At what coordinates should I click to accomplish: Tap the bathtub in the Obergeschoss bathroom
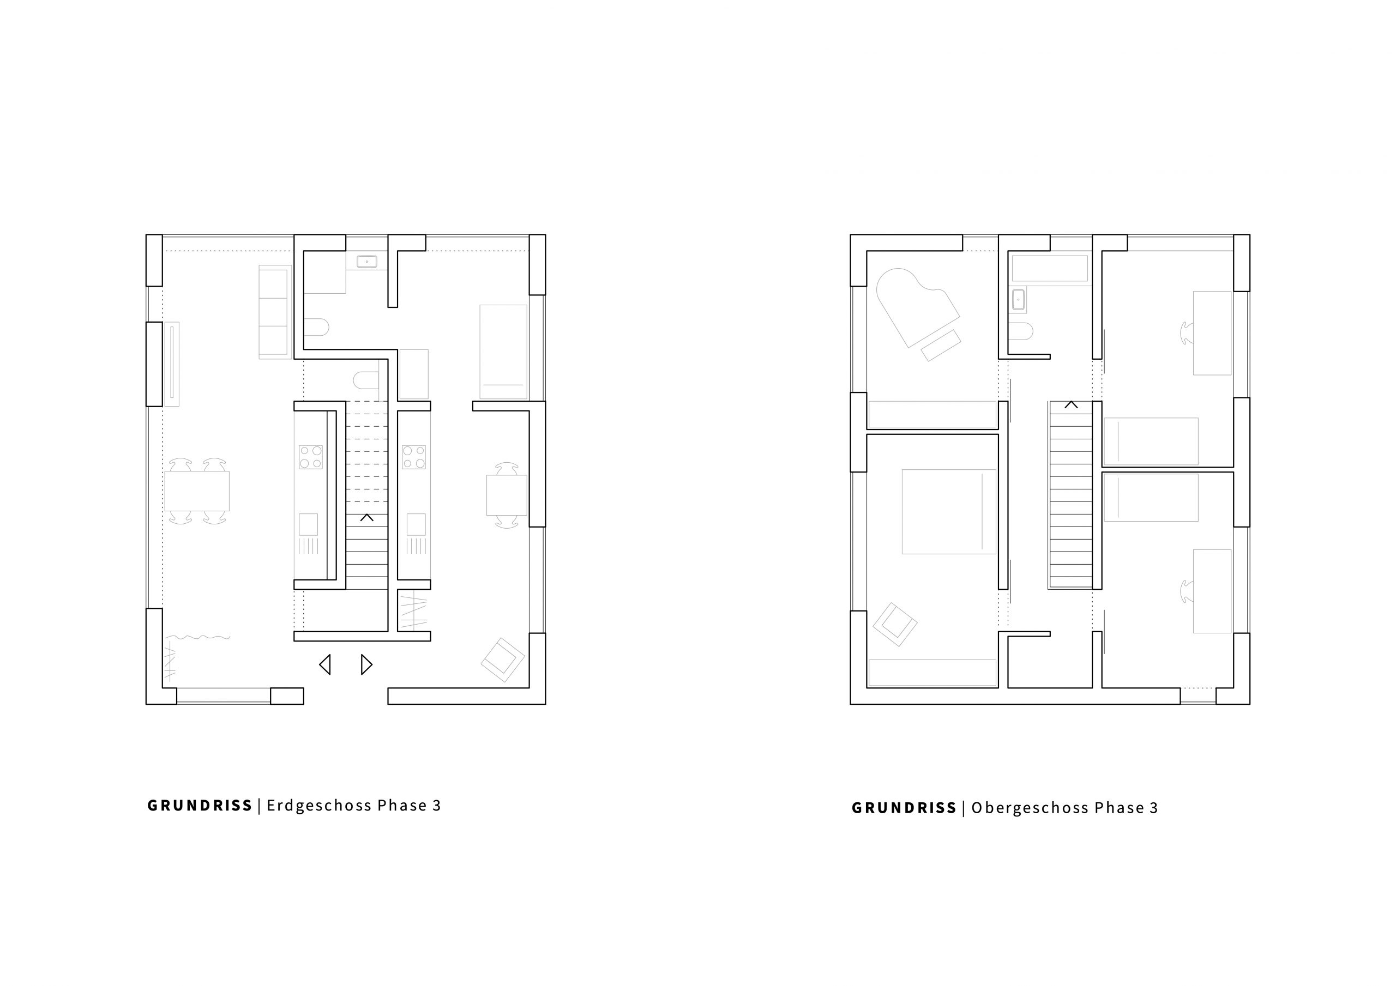(x=1049, y=268)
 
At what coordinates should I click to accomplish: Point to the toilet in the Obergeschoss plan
(x=1021, y=331)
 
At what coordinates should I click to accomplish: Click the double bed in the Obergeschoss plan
(x=948, y=511)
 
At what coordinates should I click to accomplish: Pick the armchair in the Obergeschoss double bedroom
(x=894, y=624)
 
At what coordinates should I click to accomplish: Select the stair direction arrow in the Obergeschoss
(x=1070, y=405)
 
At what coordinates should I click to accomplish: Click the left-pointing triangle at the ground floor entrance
(x=324, y=664)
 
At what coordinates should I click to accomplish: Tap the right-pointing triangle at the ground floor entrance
(x=366, y=664)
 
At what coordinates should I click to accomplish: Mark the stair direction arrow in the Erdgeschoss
(x=366, y=518)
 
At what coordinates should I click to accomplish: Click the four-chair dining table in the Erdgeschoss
(x=197, y=491)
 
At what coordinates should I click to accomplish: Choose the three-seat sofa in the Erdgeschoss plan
(x=275, y=312)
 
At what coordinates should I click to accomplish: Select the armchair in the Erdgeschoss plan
(x=503, y=660)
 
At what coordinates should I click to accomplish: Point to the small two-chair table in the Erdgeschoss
(x=507, y=495)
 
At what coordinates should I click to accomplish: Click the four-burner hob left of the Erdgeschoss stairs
(x=310, y=457)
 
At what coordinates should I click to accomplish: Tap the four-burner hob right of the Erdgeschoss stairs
(x=414, y=457)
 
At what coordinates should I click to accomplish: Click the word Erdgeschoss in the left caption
(x=319, y=806)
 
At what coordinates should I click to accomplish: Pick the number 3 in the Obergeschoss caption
(x=1153, y=808)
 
